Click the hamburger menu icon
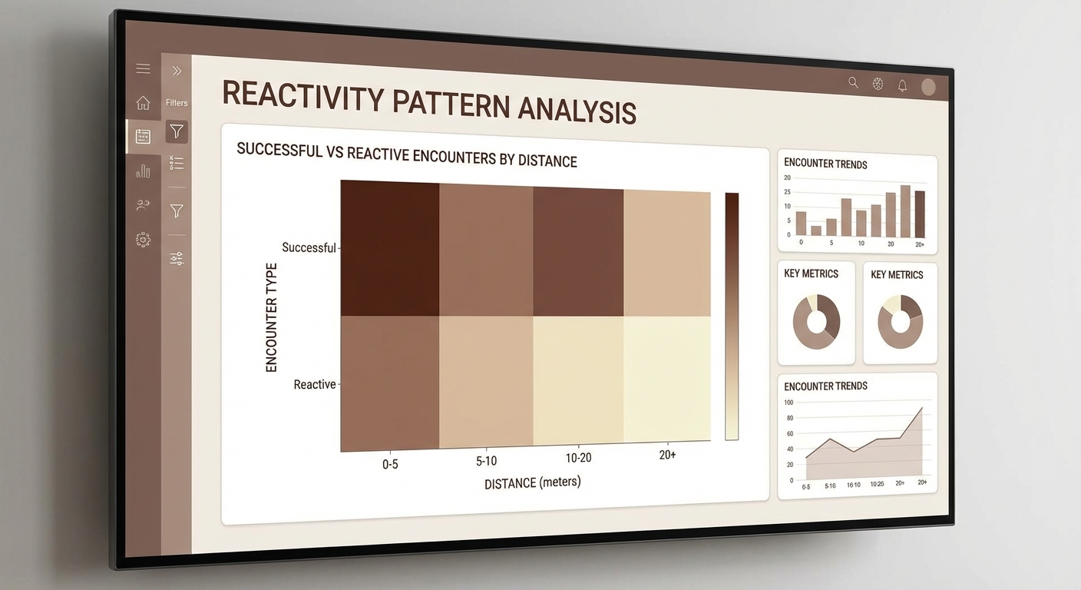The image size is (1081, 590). [143, 69]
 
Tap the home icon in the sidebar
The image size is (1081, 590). [143, 103]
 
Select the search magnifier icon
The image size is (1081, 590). [853, 83]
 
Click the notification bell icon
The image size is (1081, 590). [902, 86]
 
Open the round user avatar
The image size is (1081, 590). [928, 88]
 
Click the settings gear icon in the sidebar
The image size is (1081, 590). [143, 240]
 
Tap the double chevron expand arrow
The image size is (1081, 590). [177, 71]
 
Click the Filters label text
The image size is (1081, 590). [177, 103]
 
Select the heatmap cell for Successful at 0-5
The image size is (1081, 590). [390, 247]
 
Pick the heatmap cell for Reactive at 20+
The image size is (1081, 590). [666, 380]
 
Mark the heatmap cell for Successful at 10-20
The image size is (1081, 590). [577, 251]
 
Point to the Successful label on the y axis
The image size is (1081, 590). [309, 247]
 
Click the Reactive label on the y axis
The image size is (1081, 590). [315, 384]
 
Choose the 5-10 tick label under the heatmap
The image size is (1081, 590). [486, 461]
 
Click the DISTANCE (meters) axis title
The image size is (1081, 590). [532, 483]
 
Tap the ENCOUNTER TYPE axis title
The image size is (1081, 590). [271, 317]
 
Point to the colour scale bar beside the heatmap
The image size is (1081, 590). [732, 316]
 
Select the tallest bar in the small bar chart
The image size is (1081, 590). [905, 211]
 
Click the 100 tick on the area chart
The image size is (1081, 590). [788, 403]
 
